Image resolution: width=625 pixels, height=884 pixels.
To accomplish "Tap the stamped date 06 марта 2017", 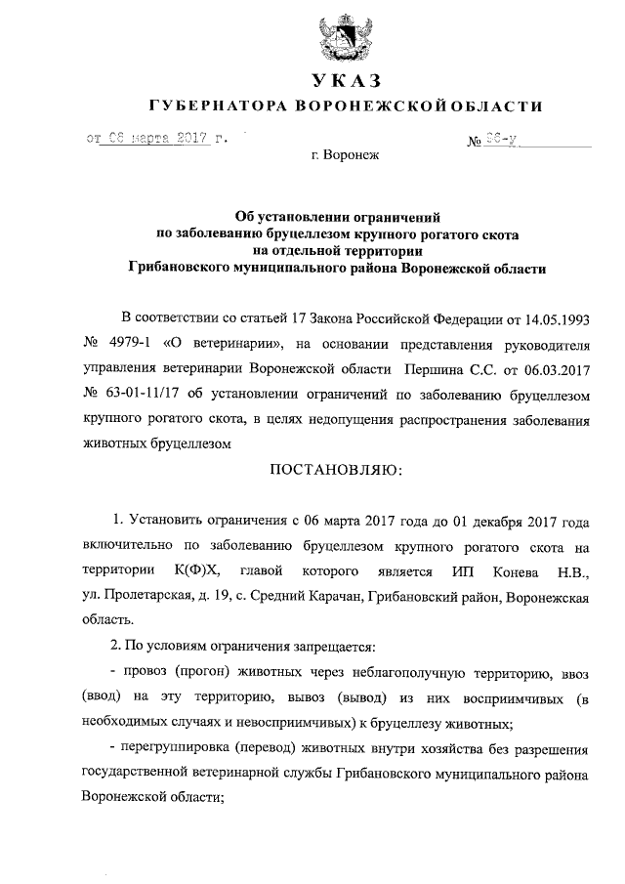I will coord(158,139).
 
